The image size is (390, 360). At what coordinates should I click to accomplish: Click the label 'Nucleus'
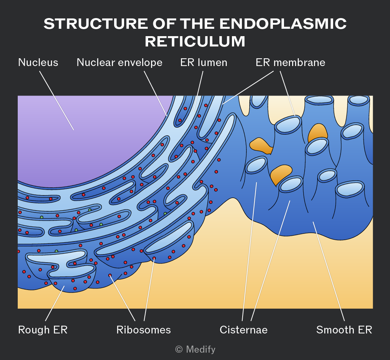(x=38, y=62)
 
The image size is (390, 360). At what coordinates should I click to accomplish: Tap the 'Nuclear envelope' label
(x=119, y=62)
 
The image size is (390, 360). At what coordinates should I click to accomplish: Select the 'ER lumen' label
(x=204, y=62)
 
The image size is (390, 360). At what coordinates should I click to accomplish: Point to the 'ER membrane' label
(x=291, y=62)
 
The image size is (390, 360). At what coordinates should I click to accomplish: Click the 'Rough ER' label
(x=43, y=330)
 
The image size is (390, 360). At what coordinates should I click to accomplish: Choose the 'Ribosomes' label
(x=144, y=330)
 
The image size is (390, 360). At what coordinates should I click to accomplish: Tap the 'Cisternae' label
(x=243, y=330)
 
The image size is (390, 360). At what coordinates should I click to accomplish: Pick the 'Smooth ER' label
(x=344, y=330)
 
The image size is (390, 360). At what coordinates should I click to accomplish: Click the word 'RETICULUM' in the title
(x=195, y=41)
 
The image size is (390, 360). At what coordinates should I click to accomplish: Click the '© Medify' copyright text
(x=195, y=349)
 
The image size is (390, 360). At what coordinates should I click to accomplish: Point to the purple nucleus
(x=82, y=139)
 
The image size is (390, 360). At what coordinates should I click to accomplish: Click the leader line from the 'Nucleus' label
(x=57, y=101)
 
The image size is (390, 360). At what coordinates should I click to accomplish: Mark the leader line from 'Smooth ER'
(x=329, y=271)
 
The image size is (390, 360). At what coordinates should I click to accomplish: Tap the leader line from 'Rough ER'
(x=55, y=303)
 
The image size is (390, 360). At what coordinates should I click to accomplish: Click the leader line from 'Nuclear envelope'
(x=155, y=94)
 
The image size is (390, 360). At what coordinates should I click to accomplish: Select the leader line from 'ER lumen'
(x=198, y=91)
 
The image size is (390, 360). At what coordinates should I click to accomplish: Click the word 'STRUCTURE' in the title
(x=96, y=24)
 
